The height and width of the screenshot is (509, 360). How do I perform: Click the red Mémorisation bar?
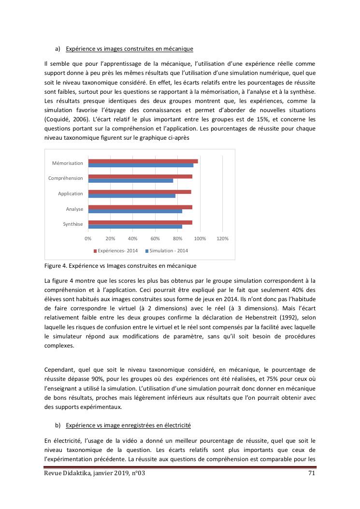point(143,161)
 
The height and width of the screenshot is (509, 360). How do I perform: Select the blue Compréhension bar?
point(130,181)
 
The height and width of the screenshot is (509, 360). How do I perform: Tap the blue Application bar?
point(131,196)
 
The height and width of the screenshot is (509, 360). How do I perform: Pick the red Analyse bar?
point(140,207)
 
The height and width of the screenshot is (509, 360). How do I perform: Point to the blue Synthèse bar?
point(135,227)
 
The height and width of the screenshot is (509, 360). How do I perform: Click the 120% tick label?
point(222,239)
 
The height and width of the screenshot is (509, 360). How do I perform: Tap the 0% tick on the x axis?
point(88,239)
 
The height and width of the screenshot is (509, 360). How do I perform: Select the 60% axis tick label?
point(155,239)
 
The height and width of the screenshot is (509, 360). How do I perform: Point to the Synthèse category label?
point(73,224)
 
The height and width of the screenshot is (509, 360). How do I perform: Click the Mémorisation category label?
point(68,163)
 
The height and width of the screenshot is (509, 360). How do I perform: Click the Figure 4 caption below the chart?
point(120,266)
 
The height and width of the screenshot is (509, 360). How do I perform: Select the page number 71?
point(312,473)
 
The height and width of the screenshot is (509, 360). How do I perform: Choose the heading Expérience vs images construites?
point(130,49)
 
